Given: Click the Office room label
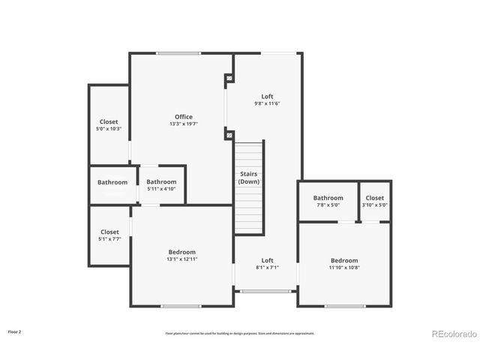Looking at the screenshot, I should [x=184, y=117].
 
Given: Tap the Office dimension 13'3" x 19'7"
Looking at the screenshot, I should [x=184, y=124].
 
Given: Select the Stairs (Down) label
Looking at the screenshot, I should [x=249, y=178].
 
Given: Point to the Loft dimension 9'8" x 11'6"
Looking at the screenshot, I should [x=267, y=103].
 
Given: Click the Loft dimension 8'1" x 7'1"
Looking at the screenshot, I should [x=267, y=268].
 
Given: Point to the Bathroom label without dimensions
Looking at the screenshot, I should [x=112, y=182].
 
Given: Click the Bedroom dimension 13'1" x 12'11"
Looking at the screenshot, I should [x=181, y=259].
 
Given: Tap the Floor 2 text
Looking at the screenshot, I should [x=15, y=331].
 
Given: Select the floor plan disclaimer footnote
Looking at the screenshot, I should [x=240, y=333].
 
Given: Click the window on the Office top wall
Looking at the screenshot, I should [x=178, y=53].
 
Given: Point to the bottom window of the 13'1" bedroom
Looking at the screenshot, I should [x=181, y=305].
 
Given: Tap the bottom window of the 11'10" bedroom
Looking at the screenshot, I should [x=345, y=305].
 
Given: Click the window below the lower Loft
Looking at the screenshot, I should [x=266, y=291].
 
